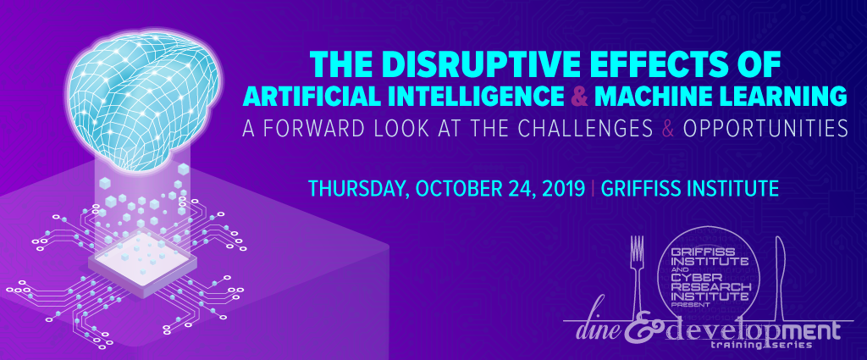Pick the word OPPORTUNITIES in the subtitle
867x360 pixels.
765,128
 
